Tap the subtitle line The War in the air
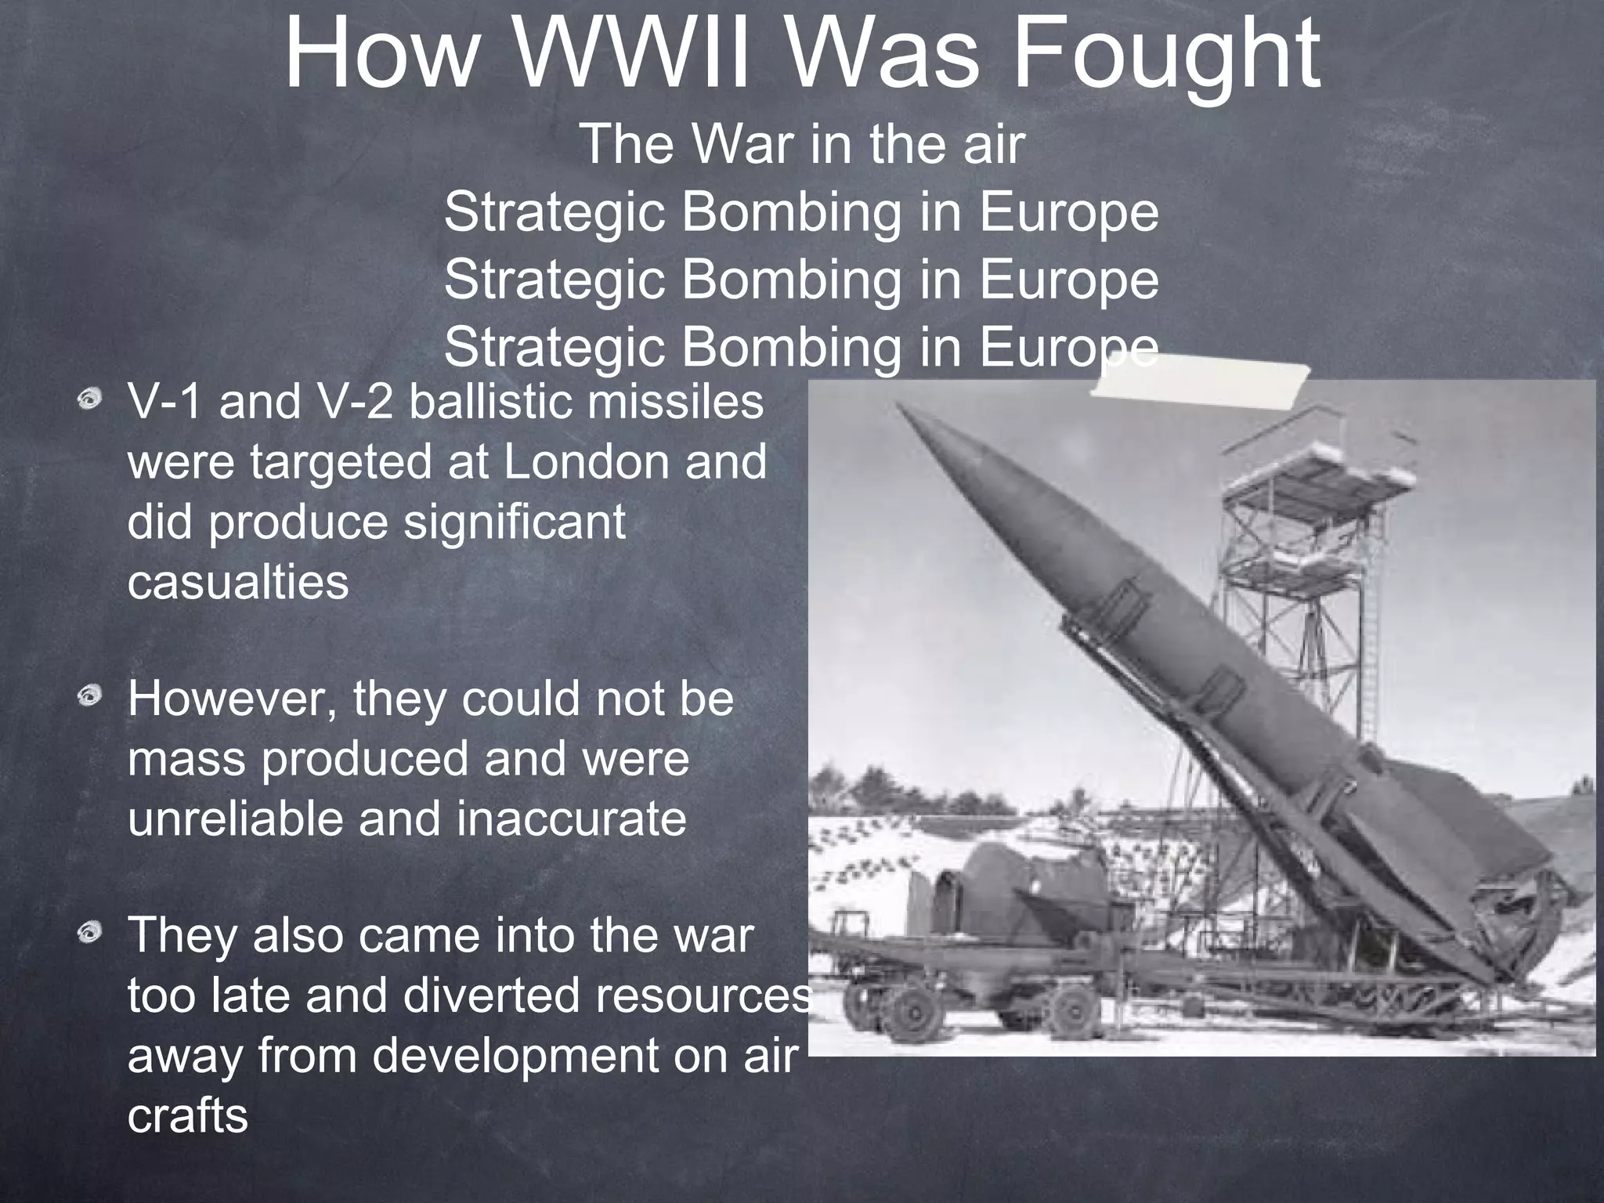tap(802, 145)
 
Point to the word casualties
tap(238, 583)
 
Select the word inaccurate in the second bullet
tap(571, 819)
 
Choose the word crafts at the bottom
tap(187, 1117)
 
